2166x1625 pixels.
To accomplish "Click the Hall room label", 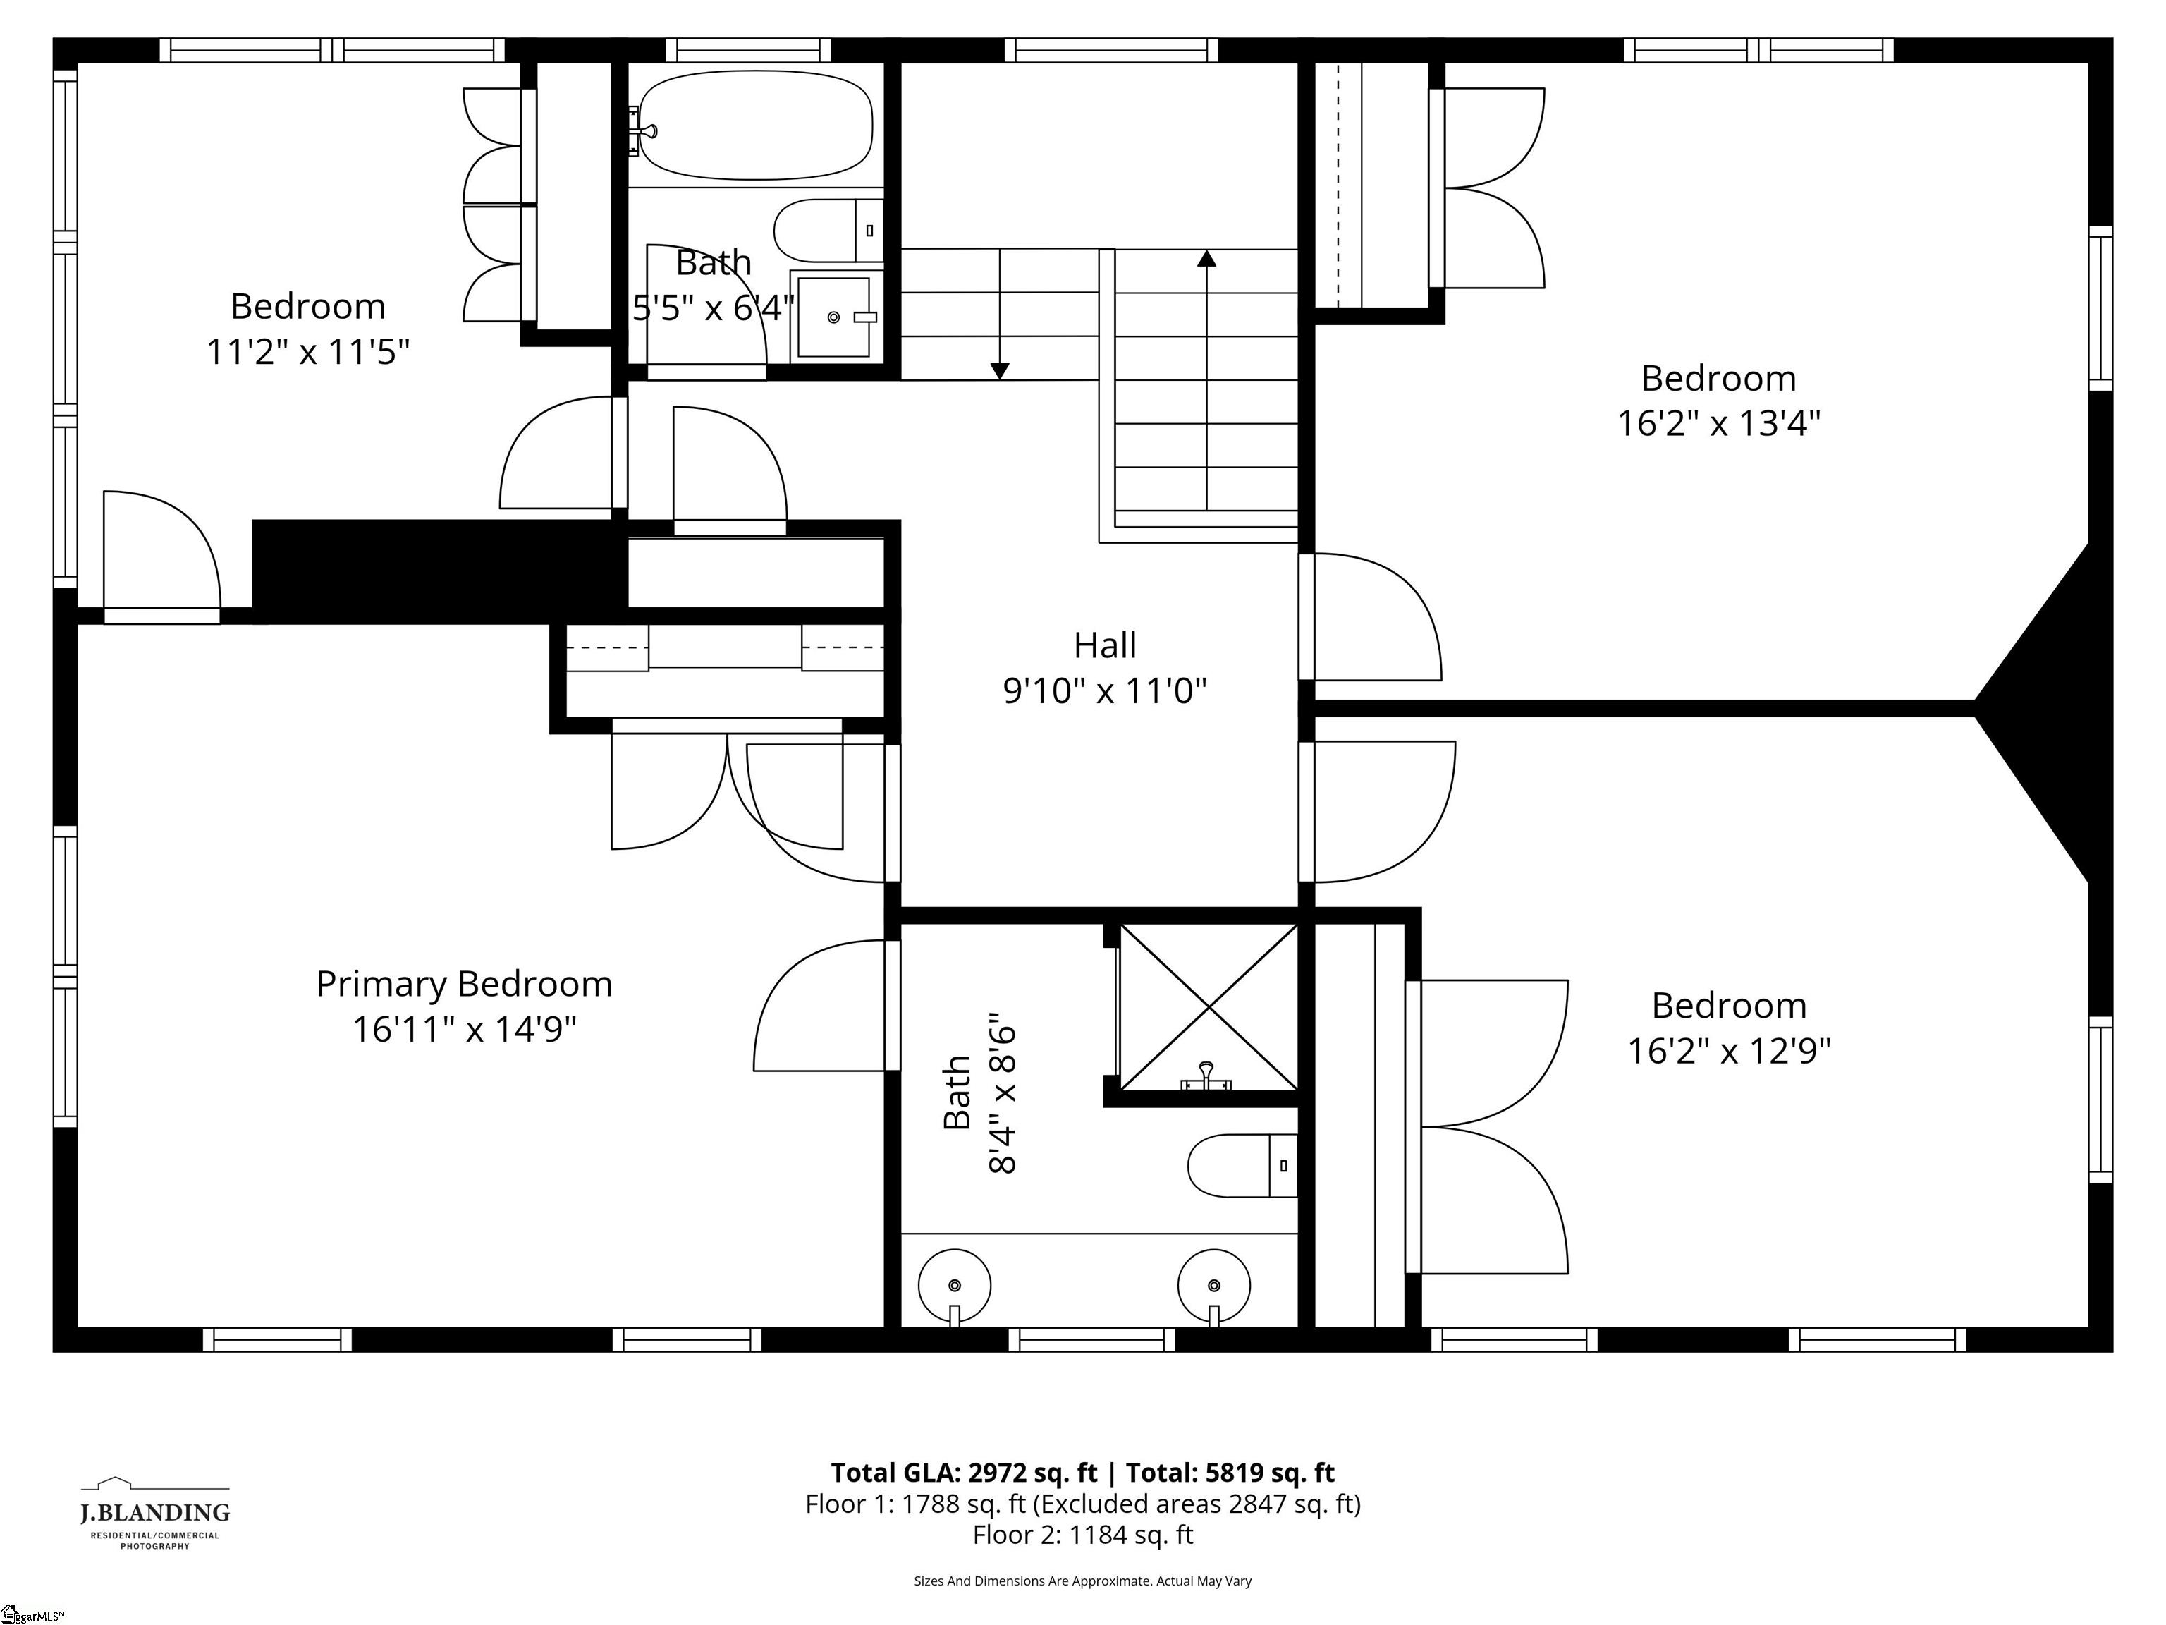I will tap(1105, 645).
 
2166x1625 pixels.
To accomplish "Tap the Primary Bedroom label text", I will tap(464, 983).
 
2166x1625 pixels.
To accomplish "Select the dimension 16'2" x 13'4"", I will tap(1718, 423).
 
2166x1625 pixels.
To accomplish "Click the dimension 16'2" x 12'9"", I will tap(1728, 1051).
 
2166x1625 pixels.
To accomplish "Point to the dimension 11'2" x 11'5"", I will tap(307, 351).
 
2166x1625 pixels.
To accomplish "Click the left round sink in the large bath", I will tap(955, 1285).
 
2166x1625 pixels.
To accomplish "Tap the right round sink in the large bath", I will tap(1213, 1285).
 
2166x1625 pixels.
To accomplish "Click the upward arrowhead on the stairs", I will tap(1206, 259).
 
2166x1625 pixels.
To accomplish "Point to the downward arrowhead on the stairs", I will tap(999, 370).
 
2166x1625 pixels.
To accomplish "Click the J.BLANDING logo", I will tap(154, 1514).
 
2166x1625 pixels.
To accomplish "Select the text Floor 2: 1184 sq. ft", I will tap(1082, 1535).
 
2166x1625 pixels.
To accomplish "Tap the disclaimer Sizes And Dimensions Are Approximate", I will tap(1082, 1581).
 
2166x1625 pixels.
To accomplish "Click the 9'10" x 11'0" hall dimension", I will tap(1105, 691).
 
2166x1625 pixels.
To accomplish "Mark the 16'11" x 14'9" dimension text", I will tap(464, 1030).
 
